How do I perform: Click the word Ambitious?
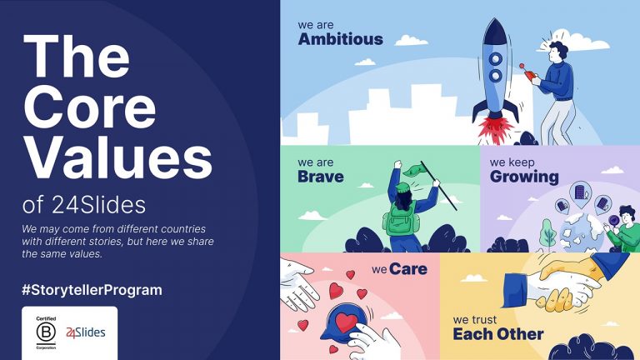point(340,38)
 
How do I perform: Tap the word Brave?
point(320,176)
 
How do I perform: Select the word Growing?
point(523,176)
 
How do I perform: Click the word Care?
point(408,269)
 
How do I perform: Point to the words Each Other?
point(497,334)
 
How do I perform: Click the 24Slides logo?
point(86,333)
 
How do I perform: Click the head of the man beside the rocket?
point(557,51)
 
